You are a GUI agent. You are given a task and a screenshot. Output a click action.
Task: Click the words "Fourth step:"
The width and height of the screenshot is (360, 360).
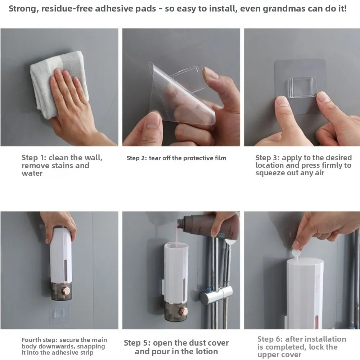tap(39, 340)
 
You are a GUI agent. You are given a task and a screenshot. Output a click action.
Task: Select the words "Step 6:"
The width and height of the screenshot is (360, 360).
tap(270, 339)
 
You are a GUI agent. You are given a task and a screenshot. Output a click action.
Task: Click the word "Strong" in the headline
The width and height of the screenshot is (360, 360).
tap(22, 9)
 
